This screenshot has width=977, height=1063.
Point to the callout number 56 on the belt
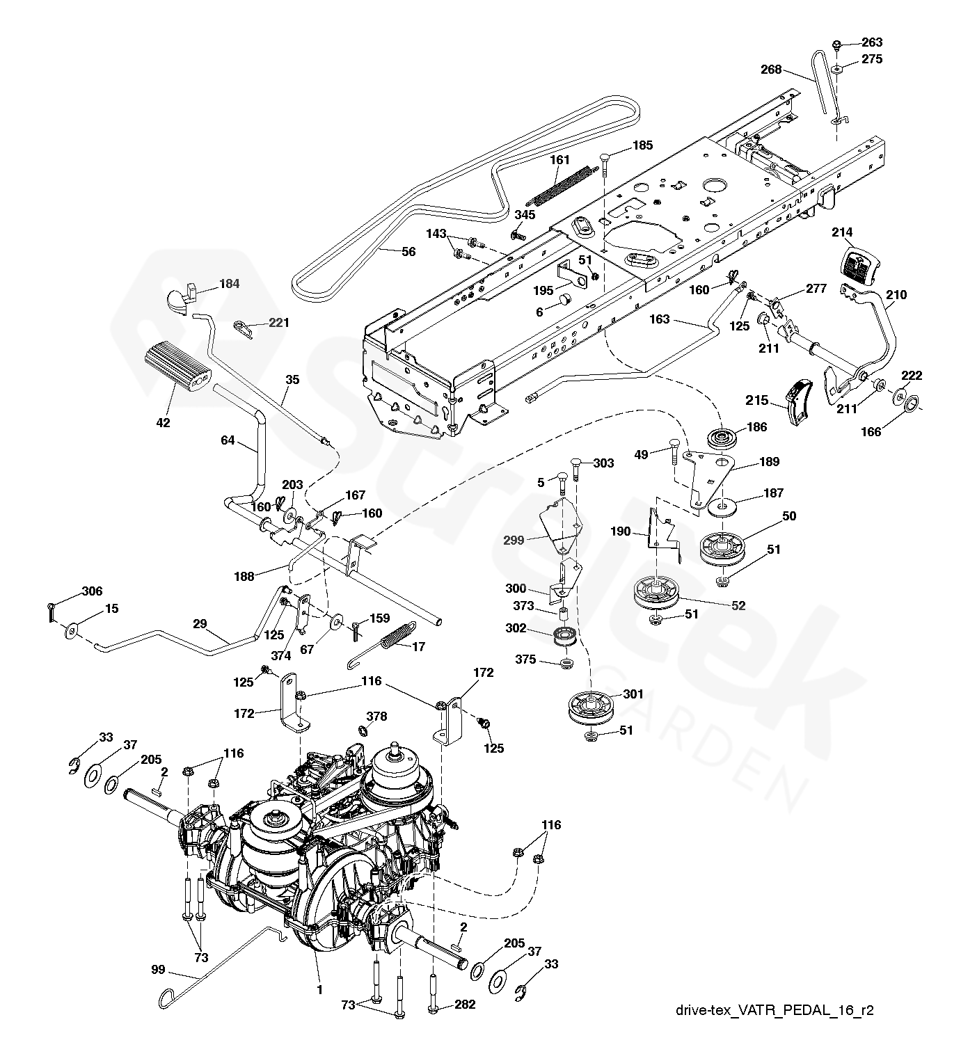pos(408,251)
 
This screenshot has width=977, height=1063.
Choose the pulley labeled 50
pos(722,548)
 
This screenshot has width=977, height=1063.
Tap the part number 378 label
pos(377,716)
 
